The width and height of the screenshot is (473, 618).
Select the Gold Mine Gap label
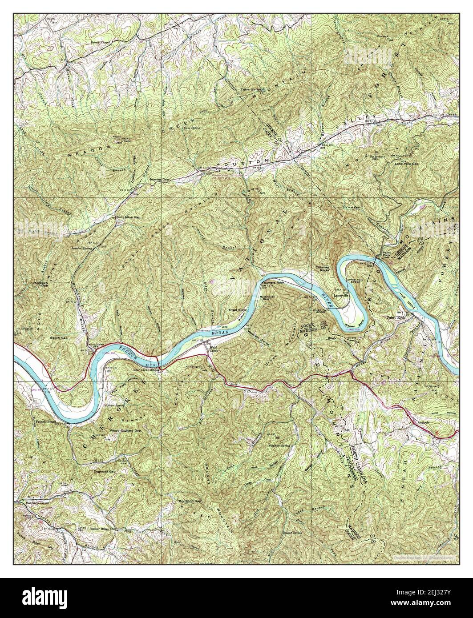(x=128, y=218)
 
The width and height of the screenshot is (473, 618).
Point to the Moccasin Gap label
(x=40, y=284)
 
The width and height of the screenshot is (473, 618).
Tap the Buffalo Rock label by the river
(x=274, y=283)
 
